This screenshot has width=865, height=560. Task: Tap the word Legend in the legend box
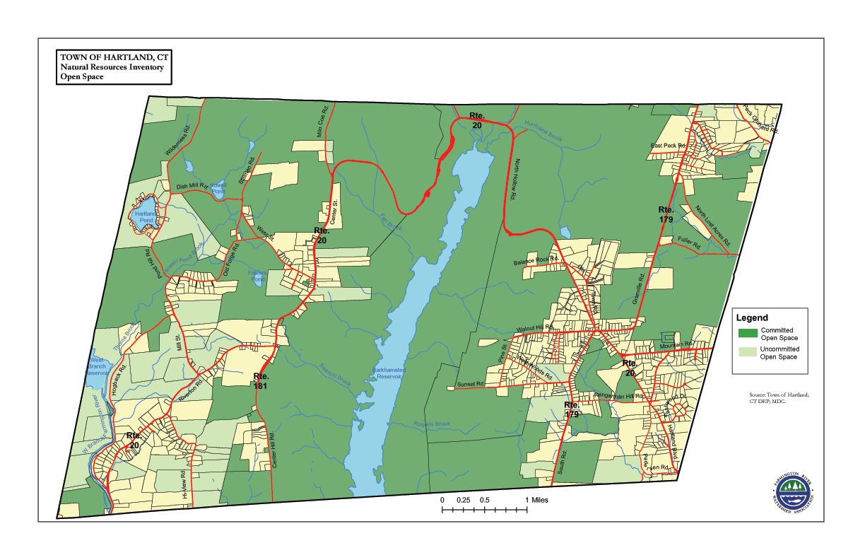point(752,318)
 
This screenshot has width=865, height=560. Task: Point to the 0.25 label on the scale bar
point(464,500)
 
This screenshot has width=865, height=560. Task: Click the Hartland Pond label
point(146,216)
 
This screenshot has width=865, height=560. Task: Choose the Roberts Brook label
point(432,424)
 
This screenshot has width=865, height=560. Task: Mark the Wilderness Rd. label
point(179,141)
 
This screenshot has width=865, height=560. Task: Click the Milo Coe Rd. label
point(322,122)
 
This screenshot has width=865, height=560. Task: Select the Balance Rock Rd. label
point(536,261)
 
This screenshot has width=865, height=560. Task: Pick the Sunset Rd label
point(470,385)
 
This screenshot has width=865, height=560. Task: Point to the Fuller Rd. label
point(688,245)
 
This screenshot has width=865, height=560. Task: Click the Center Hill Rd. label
point(276,452)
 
